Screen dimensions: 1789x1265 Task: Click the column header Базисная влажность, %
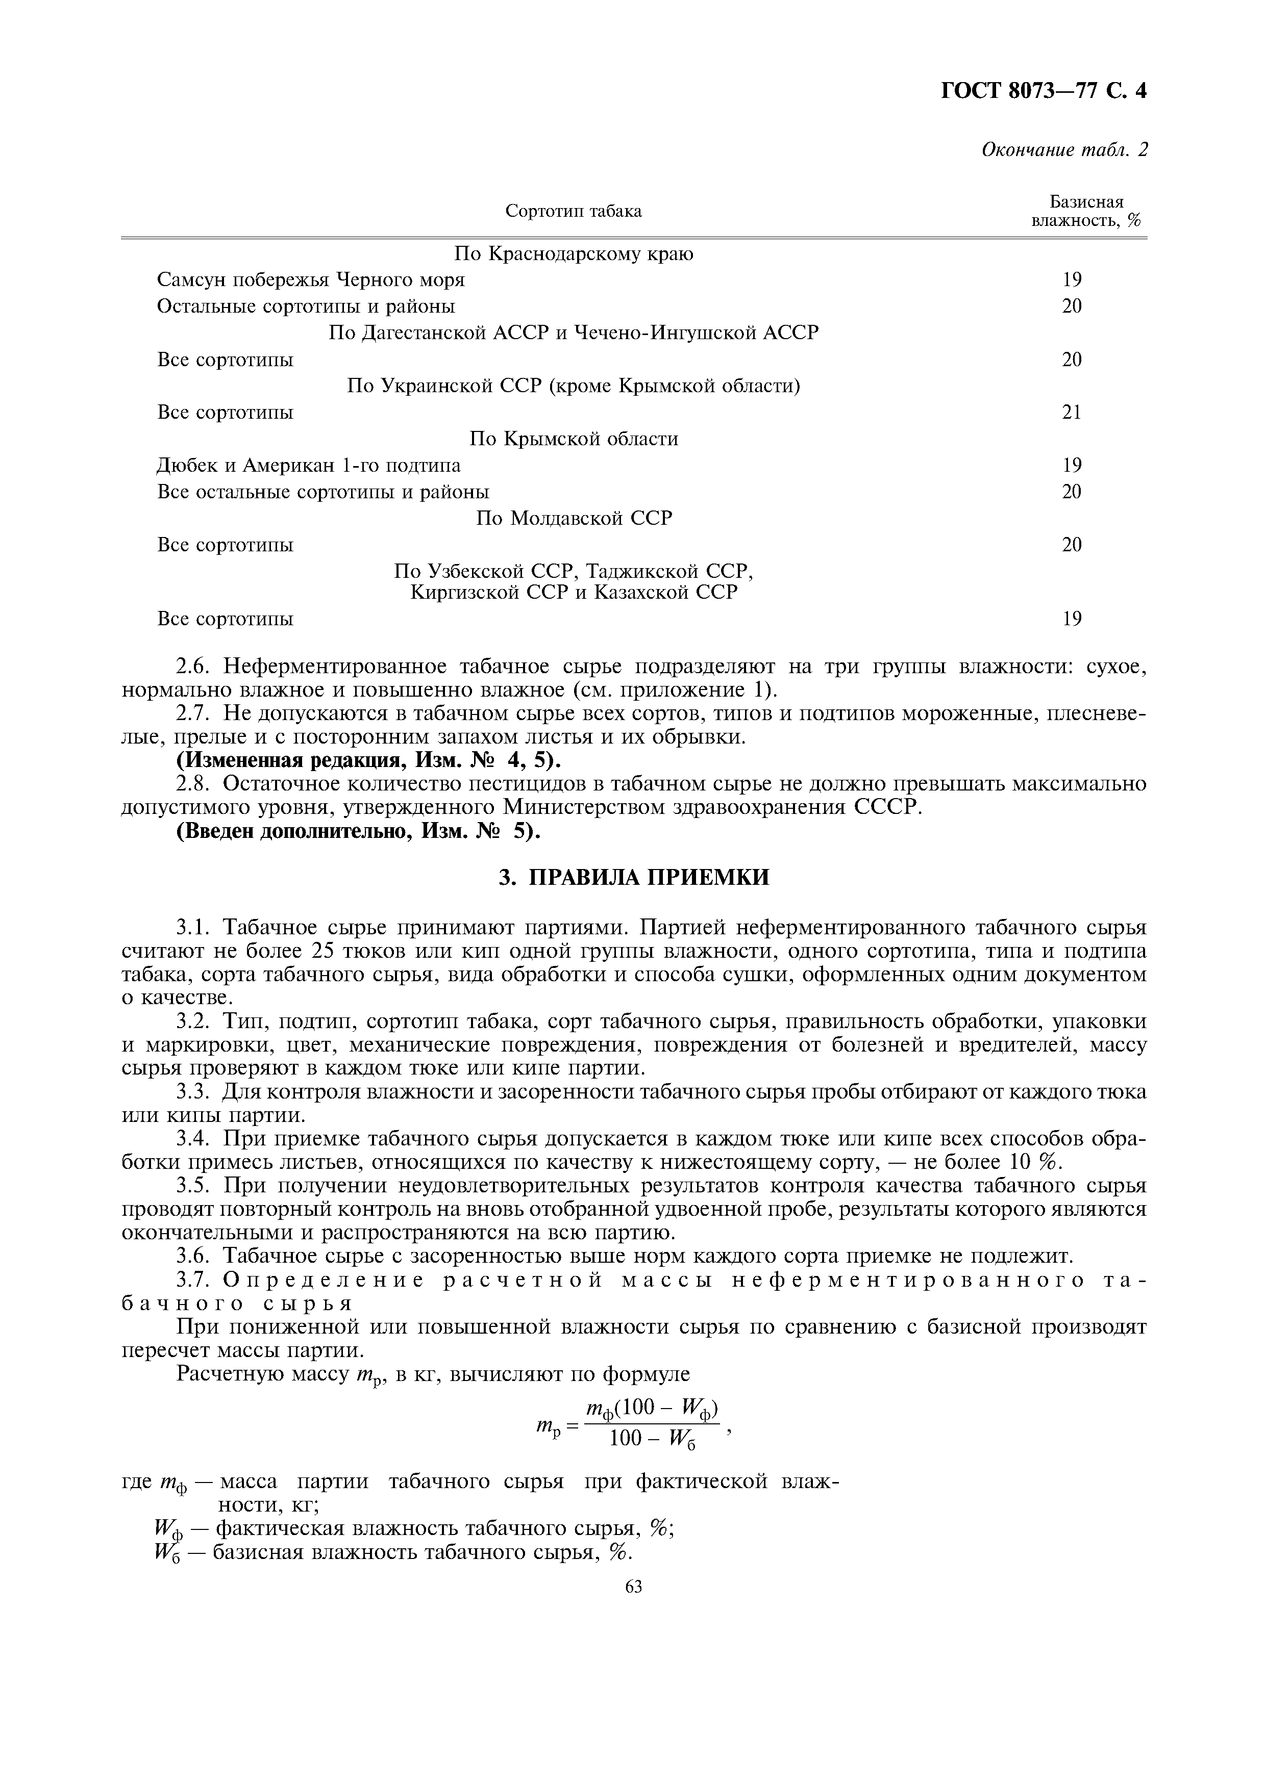point(1086,211)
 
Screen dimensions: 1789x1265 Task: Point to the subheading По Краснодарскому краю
point(574,254)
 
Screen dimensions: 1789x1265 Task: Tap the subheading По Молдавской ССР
point(574,518)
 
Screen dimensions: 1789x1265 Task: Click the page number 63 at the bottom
point(633,1587)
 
